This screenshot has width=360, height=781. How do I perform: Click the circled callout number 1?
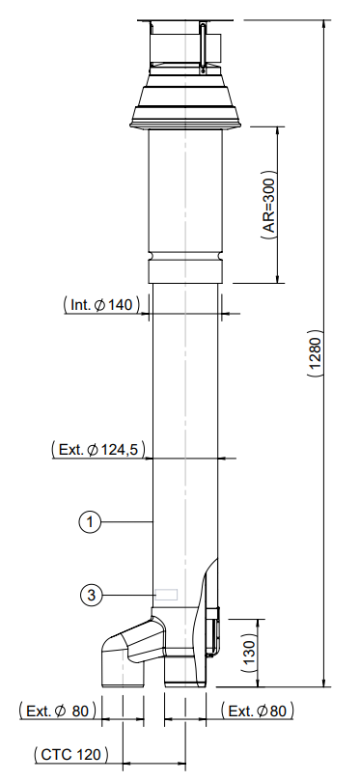[90, 522]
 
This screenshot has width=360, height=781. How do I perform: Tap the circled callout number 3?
[91, 595]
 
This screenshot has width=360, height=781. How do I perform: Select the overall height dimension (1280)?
[316, 352]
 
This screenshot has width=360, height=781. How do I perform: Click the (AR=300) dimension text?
[269, 205]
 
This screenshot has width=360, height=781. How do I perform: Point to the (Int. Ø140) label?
[102, 304]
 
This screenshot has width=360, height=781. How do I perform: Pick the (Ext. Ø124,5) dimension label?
[98, 449]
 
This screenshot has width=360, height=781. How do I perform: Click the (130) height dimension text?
[249, 653]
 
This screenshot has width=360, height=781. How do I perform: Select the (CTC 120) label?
[70, 754]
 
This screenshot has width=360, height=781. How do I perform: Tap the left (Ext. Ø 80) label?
[57, 711]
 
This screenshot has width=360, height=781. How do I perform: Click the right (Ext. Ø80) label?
[258, 711]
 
